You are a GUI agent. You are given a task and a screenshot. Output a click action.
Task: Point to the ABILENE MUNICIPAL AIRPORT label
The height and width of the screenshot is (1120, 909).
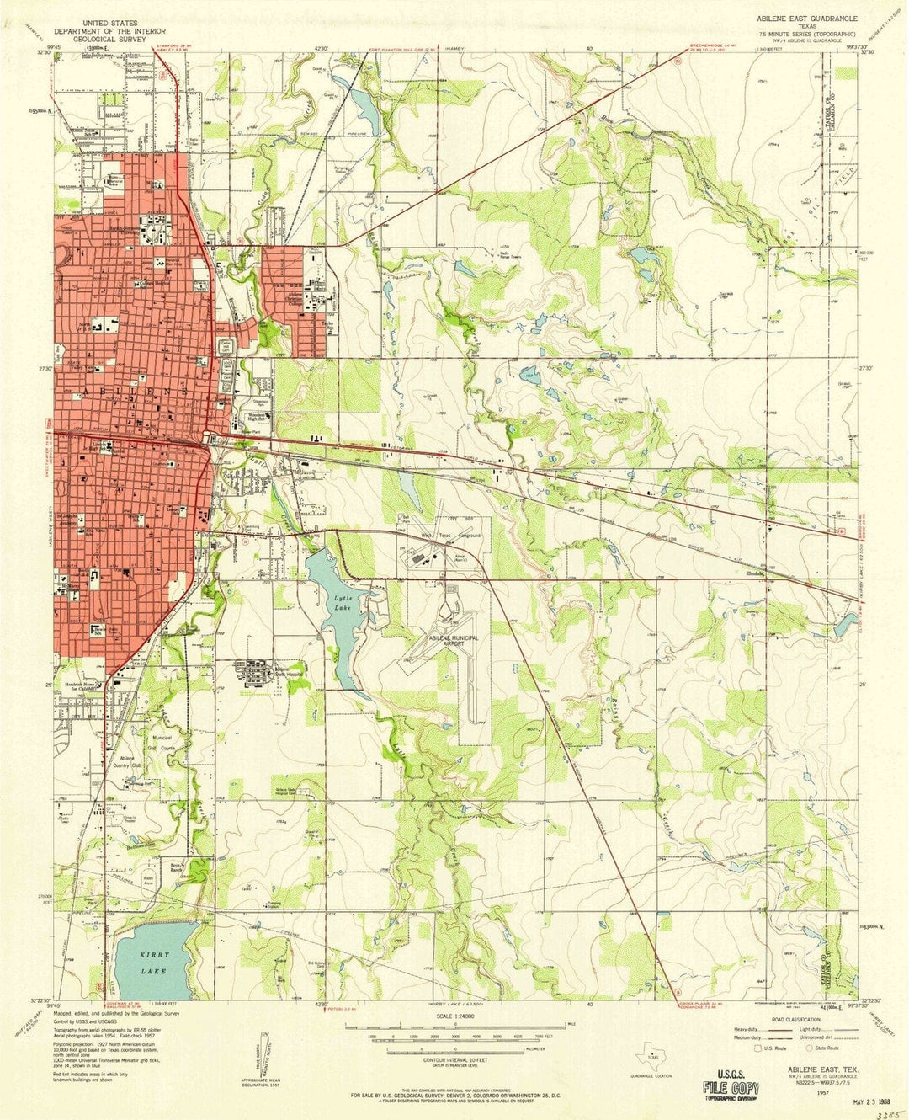(442, 642)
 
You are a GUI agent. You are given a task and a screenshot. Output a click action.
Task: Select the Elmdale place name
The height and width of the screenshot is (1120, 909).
(755, 574)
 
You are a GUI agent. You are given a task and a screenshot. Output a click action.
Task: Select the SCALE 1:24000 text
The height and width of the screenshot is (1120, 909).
(454, 1017)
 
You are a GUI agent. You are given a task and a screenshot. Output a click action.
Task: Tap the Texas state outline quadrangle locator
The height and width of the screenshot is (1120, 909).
(652, 1053)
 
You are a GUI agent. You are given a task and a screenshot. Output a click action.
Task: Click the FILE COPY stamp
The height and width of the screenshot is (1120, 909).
(726, 1080)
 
